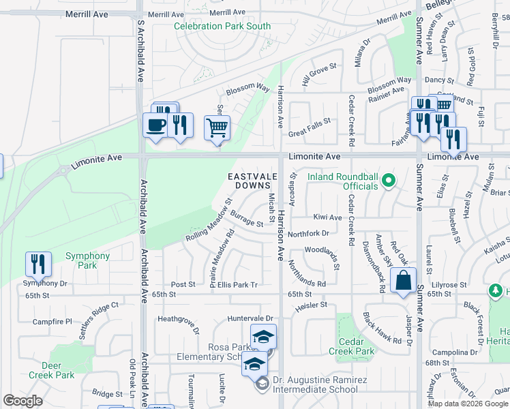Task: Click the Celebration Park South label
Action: point(222,26)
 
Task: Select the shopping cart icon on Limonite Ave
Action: point(217,127)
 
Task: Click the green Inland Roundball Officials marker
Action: point(389,181)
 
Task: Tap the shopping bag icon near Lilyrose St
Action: point(403,279)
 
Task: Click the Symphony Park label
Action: point(87,260)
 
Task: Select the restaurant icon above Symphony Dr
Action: point(38,264)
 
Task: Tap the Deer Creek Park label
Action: point(52,370)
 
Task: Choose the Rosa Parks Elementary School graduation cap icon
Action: point(263,337)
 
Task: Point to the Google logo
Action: point(22,401)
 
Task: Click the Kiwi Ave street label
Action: point(327,217)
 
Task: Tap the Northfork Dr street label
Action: point(309,233)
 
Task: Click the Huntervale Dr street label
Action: point(250,318)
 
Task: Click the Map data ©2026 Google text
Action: point(468,403)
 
